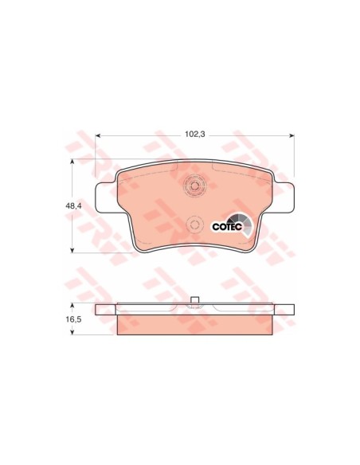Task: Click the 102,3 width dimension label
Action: coord(195,135)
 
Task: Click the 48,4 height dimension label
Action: coord(73,205)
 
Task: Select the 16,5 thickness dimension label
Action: coord(73,319)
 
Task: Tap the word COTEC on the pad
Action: coord(228,227)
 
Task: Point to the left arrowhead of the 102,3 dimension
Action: coord(98,135)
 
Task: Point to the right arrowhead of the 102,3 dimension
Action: coord(292,135)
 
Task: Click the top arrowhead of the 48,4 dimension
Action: coord(72,162)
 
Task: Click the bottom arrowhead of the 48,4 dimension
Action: coord(72,250)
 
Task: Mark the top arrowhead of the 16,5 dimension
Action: coord(72,306)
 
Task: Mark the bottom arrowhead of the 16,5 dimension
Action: coord(72,332)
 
